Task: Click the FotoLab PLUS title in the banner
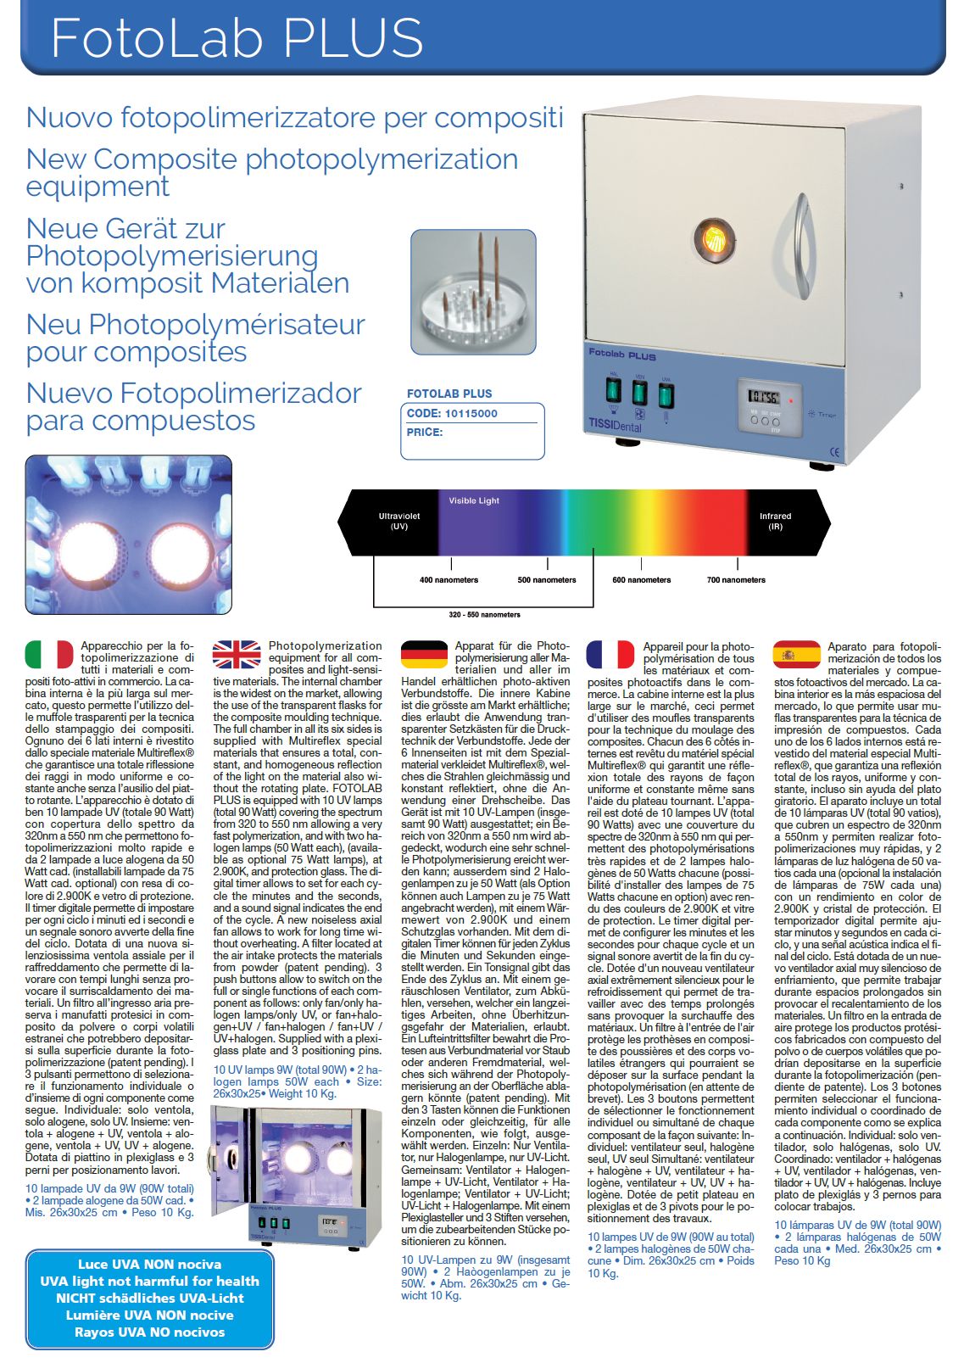click(237, 37)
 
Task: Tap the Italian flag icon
click(49, 654)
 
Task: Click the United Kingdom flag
click(237, 654)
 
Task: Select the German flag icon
click(424, 654)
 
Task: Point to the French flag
click(610, 654)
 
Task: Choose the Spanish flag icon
click(796, 654)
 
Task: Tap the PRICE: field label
click(425, 433)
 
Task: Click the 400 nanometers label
click(449, 580)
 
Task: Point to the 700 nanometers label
click(736, 580)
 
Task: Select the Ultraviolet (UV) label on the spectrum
click(399, 521)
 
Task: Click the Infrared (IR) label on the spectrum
click(775, 521)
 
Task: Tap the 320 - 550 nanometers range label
click(484, 615)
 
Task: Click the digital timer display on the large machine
click(764, 396)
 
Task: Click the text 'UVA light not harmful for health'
click(149, 1281)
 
